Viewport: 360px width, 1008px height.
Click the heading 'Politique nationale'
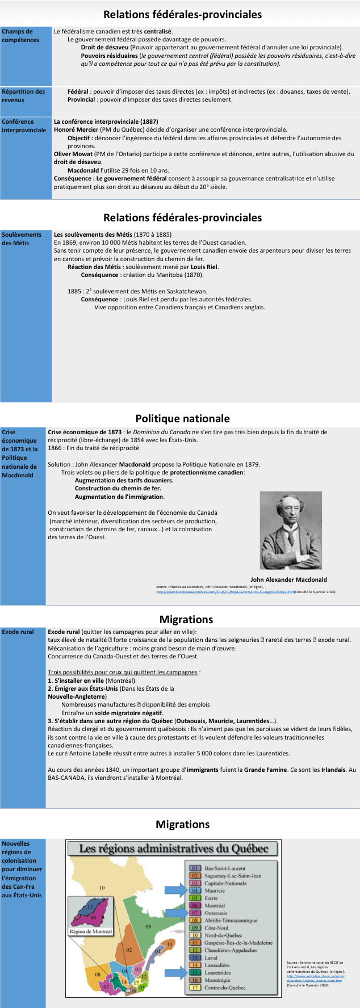(x=182, y=418)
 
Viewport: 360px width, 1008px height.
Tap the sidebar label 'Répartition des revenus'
(x=23, y=95)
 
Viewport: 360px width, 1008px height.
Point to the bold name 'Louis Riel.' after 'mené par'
(x=204, y=267)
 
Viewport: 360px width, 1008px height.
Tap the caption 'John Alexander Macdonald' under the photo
(x=288, y=579)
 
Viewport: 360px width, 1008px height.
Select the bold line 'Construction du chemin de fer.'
(x=118, y=488)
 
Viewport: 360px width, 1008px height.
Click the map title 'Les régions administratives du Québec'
(x=173, y=849)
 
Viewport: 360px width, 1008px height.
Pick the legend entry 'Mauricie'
(x=215, y=891)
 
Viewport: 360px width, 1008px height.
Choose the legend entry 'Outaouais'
(x=216, y=913)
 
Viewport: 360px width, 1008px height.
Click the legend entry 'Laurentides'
(x=217, y=972)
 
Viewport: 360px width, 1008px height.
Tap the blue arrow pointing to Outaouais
(x=175, y=913)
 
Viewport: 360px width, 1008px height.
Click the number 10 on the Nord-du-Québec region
(x=102, y=888)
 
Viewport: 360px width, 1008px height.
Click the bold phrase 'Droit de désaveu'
(x=104, y=48)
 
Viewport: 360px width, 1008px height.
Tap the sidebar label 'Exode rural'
(x=18, y=632)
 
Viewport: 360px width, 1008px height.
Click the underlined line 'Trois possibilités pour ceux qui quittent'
(x=124, y=672)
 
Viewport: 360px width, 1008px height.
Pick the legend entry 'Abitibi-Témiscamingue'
(x=231, y=920)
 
